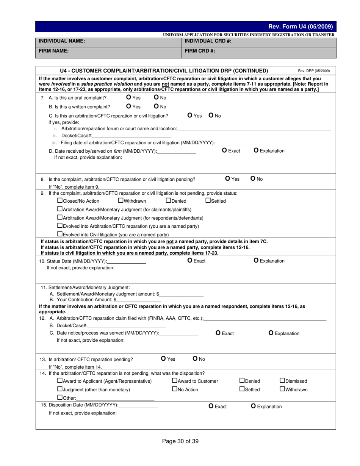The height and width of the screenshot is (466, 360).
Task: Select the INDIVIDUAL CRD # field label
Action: [x=208, y=41]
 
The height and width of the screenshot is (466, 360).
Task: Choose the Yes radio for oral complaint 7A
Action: [x=129, y=97]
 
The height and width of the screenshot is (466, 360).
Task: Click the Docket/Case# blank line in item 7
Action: [x=131, y=136]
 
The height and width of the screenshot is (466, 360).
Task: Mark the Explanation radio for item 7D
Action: [x=256, y=150]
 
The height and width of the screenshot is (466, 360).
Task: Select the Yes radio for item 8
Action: [x=228, y=178]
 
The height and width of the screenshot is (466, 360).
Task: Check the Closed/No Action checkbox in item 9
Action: [x=59, y=200]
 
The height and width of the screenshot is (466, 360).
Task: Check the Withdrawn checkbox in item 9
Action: [x=121, y=200]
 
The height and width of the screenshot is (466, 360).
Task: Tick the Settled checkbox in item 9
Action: [x=208, y=200]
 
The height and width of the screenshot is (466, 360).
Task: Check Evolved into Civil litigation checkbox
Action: [x=59, y=234]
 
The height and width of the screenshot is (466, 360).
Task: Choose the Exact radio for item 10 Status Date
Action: [x=190, y=260]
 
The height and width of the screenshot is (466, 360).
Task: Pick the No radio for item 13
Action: [x=195, y=358]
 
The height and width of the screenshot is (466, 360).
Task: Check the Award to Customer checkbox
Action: [x=175, y=380]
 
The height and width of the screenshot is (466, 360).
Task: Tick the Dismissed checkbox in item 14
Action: [x=282, y=380]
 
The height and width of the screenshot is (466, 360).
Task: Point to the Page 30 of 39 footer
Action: [x=180, y=441]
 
